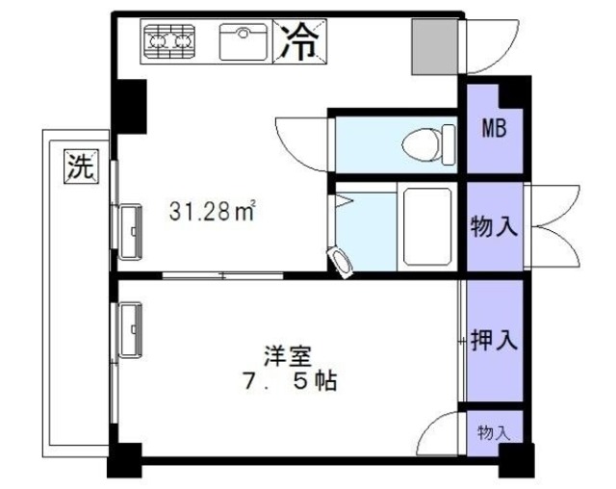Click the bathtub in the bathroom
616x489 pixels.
427,226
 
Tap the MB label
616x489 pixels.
494,127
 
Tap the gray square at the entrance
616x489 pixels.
435,46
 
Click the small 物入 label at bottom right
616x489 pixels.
494,432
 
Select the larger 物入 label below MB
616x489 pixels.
494,227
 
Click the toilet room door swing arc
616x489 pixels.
300,142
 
